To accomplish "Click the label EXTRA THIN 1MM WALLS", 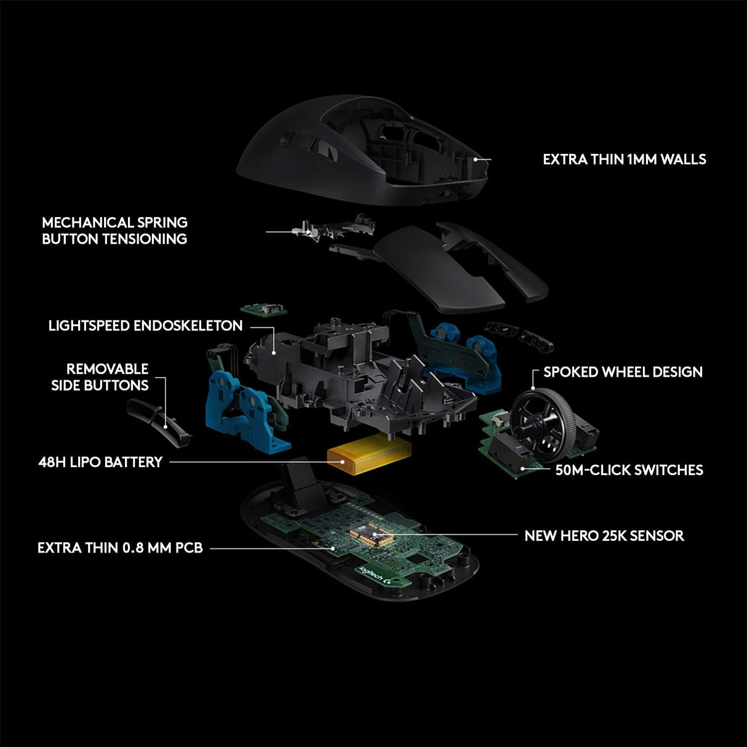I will [624, 159].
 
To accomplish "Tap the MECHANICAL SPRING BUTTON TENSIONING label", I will [114, 231].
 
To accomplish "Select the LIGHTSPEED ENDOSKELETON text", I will [145, 326].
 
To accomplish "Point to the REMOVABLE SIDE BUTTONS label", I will [107, 377].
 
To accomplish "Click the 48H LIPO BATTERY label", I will [100, 462].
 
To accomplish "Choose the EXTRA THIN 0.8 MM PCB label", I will [120, 548].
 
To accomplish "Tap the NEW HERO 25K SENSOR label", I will [604, 535].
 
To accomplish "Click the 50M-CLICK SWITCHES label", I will [629, 470].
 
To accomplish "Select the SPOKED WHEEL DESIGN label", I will [623, 372].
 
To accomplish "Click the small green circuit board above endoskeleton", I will [263, 307].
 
